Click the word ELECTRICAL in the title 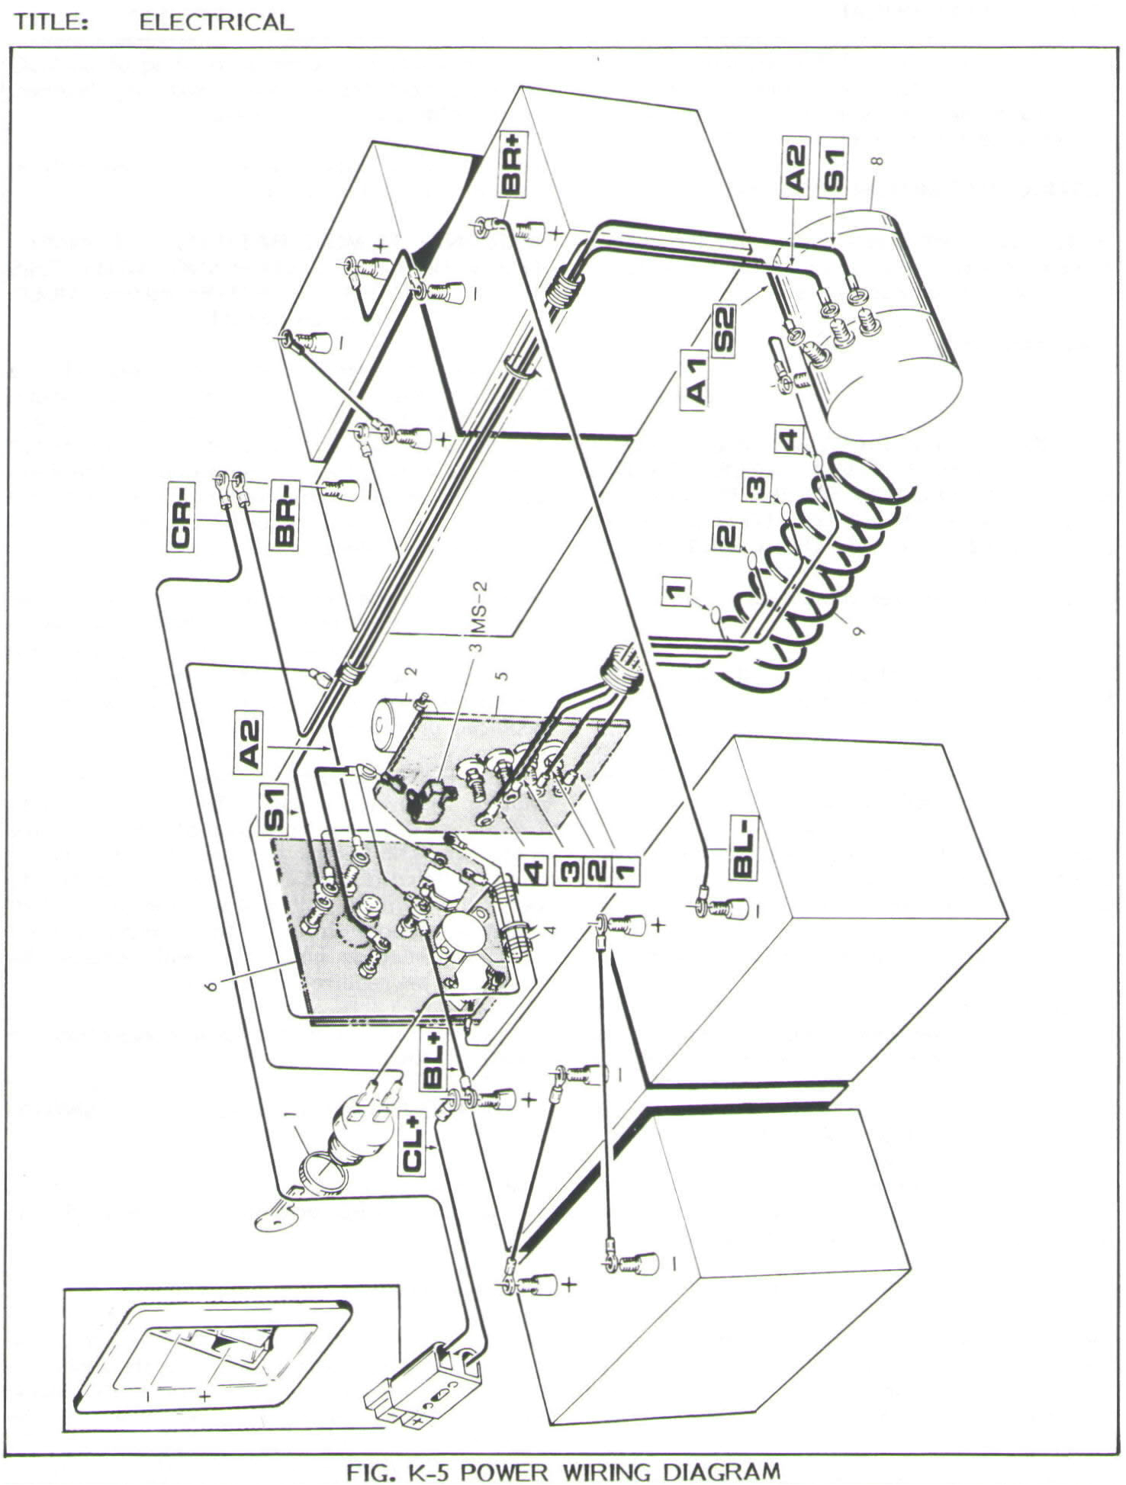(216, 22)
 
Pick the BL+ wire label (433, 1058)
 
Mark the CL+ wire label (413, 1142)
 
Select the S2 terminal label (724, 329)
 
